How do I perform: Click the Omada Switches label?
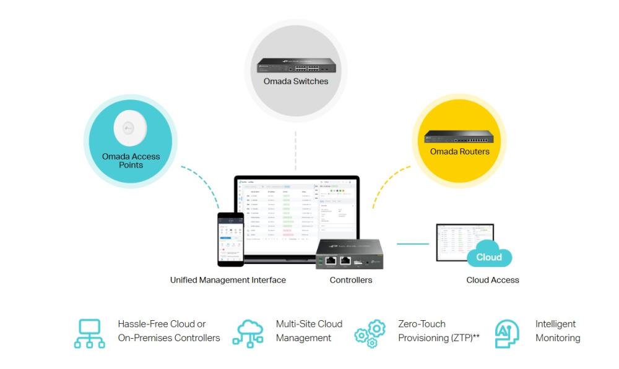coord(296,81)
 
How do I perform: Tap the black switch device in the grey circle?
coord(296,66)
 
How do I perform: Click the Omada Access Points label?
coord(131,161)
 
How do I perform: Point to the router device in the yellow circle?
coord(459,137)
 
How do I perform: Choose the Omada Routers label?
coord(459,151)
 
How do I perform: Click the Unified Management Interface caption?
coord(228,280)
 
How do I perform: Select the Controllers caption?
coord(351,280)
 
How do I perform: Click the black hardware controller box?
coord(349,254)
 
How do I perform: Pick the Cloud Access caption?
coord(492,280)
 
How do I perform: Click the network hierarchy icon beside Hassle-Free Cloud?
coord(90,334)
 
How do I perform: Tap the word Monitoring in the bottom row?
coord(558,338)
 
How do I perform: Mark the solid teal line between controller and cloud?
coord(412,244)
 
